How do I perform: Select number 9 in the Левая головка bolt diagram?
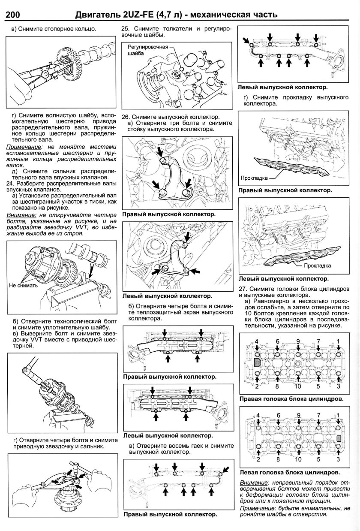click(299, 416)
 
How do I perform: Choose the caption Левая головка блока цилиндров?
click(289, 473)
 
